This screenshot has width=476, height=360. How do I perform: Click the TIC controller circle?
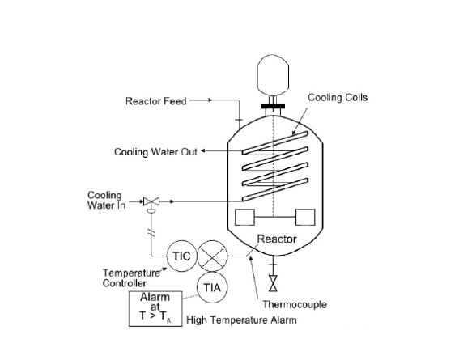point(181,256)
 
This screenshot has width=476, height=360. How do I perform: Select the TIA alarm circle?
point(213,287)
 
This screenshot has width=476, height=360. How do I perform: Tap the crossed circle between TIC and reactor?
point(213,256)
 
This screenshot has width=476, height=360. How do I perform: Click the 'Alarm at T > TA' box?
point(155,308)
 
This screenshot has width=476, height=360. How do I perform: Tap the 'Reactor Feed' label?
point(155,101)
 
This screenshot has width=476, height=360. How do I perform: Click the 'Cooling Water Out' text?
point(155,152)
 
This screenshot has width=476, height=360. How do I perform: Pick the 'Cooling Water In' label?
point(104,200)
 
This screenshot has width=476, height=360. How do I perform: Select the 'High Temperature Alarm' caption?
point(242,320)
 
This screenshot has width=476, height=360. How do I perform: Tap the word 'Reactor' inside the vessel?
point(276,239)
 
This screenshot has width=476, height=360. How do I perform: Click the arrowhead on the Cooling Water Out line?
point(204,151)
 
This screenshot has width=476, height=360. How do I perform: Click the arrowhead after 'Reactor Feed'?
point(209,101)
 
